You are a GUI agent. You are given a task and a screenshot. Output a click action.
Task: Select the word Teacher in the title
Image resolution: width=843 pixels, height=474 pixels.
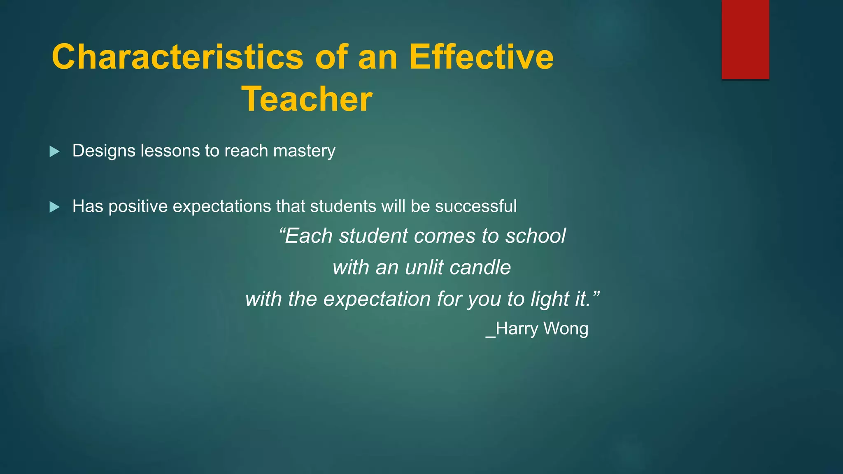[307, 99]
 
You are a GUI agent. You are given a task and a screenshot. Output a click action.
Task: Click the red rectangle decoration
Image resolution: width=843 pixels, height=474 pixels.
[745, 39]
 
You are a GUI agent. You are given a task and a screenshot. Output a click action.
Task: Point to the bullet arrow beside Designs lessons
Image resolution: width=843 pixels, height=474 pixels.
[54, 151]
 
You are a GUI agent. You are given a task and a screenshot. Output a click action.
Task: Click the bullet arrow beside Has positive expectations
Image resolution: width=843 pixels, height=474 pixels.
[54, 207]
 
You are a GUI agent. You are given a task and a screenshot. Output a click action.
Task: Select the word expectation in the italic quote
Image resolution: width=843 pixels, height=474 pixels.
[377, 299]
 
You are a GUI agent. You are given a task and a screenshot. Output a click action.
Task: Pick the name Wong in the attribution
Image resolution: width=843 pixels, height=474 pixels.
[566, 329]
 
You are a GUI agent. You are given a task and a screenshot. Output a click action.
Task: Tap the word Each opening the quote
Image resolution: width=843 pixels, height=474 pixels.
[308, 236]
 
